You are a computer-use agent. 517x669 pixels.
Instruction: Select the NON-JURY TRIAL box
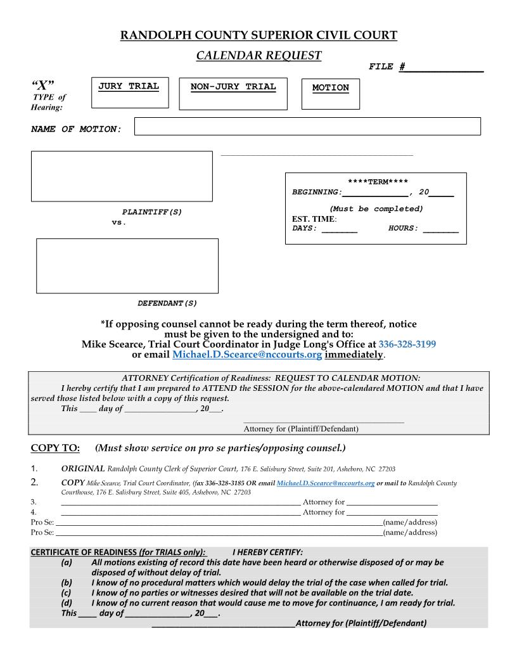[x=233, y=94]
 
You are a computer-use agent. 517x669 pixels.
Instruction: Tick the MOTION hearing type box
[x=330, y=94]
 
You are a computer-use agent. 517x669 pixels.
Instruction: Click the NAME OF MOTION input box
[x=307, y=126]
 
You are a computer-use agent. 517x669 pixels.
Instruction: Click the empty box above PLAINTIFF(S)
[x=122, y=176]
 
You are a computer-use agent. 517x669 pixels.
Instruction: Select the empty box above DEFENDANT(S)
[x=127, y=265]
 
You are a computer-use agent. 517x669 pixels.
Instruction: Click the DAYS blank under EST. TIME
[x=340, y=229]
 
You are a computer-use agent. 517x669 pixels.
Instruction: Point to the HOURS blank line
[x=441, y=229]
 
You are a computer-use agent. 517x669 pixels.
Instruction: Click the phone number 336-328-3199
[x=407, y=344]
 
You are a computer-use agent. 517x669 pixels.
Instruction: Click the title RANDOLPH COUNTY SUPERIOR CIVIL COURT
[x=258, y=35]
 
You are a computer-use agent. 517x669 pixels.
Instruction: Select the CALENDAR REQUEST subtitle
[x=258, y=56]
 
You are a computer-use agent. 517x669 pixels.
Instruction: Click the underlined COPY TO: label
[x=55, y=449]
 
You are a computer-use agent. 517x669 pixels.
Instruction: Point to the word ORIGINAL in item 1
[x=82, y=469]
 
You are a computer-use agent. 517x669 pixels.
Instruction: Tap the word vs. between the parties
[x=119, y=222]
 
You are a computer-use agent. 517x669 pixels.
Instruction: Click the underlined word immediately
[x=354, y=355]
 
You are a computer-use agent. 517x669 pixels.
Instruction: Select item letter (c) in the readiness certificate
[x=67, y=593]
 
